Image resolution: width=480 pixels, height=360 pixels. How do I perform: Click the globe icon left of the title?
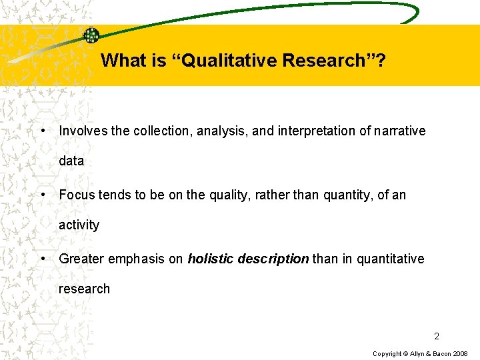(x=91, y=36)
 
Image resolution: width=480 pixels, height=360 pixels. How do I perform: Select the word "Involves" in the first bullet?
(x=83, y=131)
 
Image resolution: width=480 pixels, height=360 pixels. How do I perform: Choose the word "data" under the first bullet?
(x=71, y=161)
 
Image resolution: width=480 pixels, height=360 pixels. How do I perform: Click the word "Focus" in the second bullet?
(x=75, y=195)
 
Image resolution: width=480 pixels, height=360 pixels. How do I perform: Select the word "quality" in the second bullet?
(x=228, y=195)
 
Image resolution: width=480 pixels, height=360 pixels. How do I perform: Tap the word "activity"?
(x=79, y=225)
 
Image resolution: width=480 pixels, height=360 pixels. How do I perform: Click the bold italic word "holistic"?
(x=209, y=259)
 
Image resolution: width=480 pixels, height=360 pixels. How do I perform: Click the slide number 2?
(x=437, y=336)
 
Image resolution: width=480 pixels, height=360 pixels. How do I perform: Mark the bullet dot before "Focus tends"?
(x=43, y=195)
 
